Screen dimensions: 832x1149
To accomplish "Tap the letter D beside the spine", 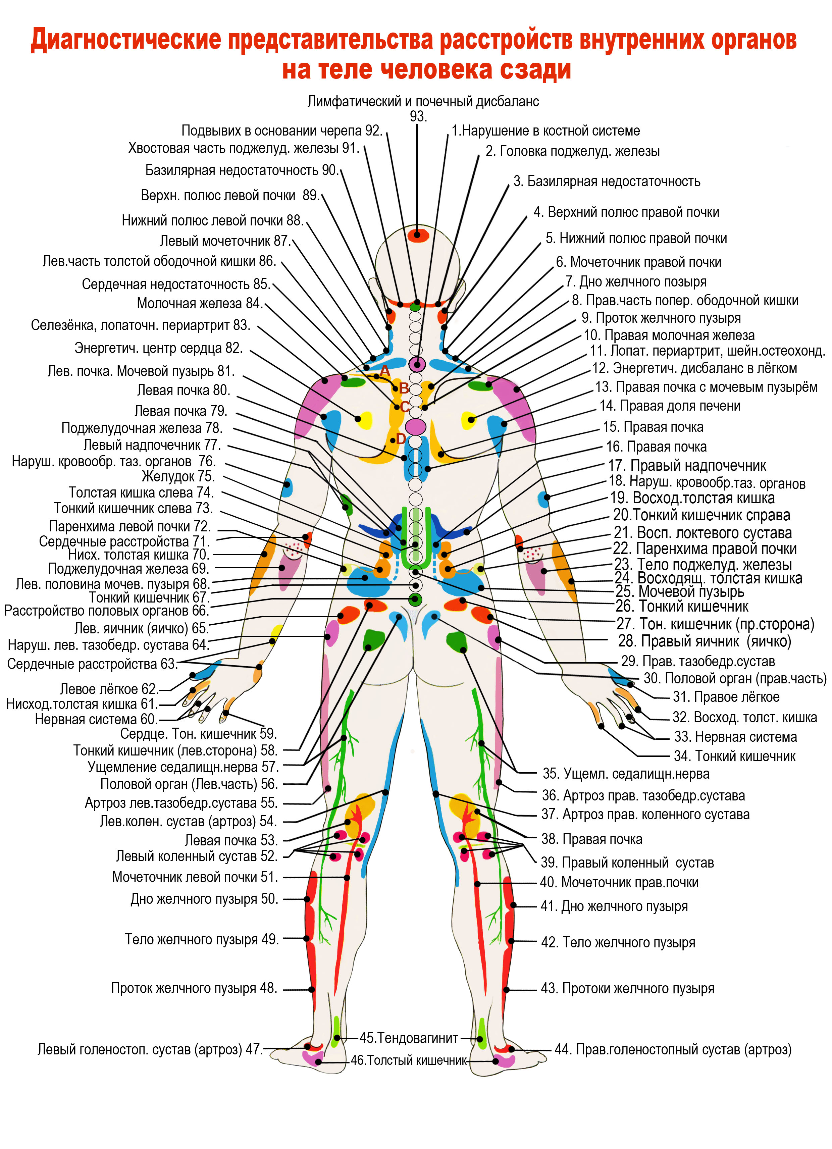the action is pyautogui.click(x=400, y=439).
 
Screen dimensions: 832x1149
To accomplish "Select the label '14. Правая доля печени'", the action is pyautogui.click(x=670, y=406).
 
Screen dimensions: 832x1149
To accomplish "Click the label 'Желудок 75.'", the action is pyautogui.click(x=178, y=476).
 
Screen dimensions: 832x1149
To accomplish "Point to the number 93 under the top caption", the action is pyautogui.click(x=418, y=116).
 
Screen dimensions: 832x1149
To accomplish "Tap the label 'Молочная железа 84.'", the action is pyautogui.click(x=199, y=304).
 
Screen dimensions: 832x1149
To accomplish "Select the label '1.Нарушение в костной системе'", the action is pyautogui.click(x=546, y=131).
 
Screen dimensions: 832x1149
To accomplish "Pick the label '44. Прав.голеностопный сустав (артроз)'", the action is pyautogui.click(x=673, y=1049).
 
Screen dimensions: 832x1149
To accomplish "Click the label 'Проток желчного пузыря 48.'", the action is pyautogui.click(x=194, y=988).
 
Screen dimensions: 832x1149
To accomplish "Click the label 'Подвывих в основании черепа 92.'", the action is pyautogui.click(x=282, y=131).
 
